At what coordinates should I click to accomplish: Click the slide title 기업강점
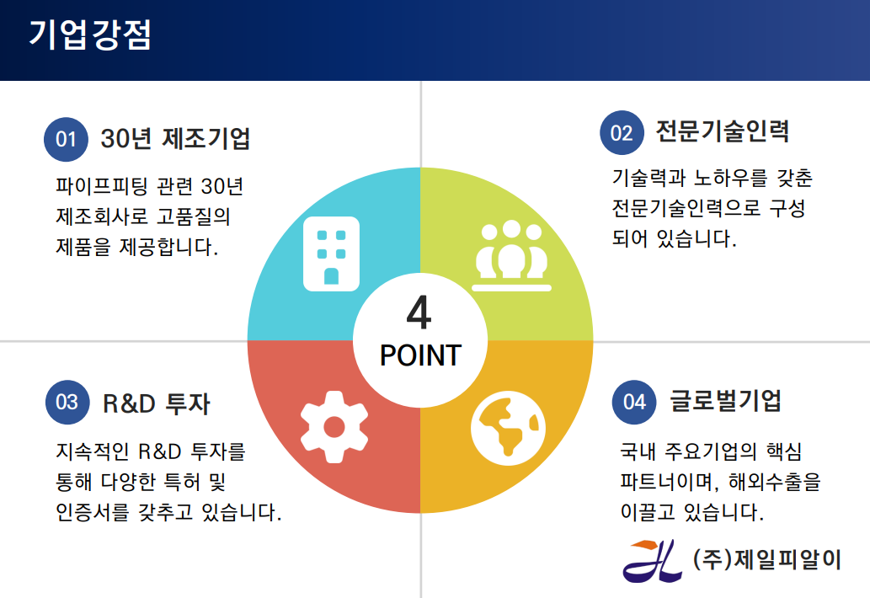tap(90, 35)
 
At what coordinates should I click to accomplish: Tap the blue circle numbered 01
tap(66, 139)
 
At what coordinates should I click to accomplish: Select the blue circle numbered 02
tap(622, 132)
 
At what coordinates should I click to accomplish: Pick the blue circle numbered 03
tap(67, 403)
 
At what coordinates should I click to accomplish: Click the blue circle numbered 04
tap(634, 403)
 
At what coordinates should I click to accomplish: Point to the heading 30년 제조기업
tap(175, 138)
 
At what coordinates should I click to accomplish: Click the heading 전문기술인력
tap(723, 131)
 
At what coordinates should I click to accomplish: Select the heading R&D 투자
tap(157, 403)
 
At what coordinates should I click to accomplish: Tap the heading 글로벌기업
tap(726, 401)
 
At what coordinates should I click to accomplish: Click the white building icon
tap(331, 254)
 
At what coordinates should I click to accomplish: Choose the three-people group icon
tap(511, 255)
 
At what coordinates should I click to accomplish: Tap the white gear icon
tap(334, 426)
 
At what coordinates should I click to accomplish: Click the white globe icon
tap(508, 428)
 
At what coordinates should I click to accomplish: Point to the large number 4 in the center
tap(419, 312)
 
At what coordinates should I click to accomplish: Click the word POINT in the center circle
tap(420, 355)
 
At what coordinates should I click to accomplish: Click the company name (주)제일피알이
tap(767, 559)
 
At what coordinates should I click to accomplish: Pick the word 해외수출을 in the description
tap(775, 482)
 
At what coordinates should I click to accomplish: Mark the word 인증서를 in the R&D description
tap(92, 511)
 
